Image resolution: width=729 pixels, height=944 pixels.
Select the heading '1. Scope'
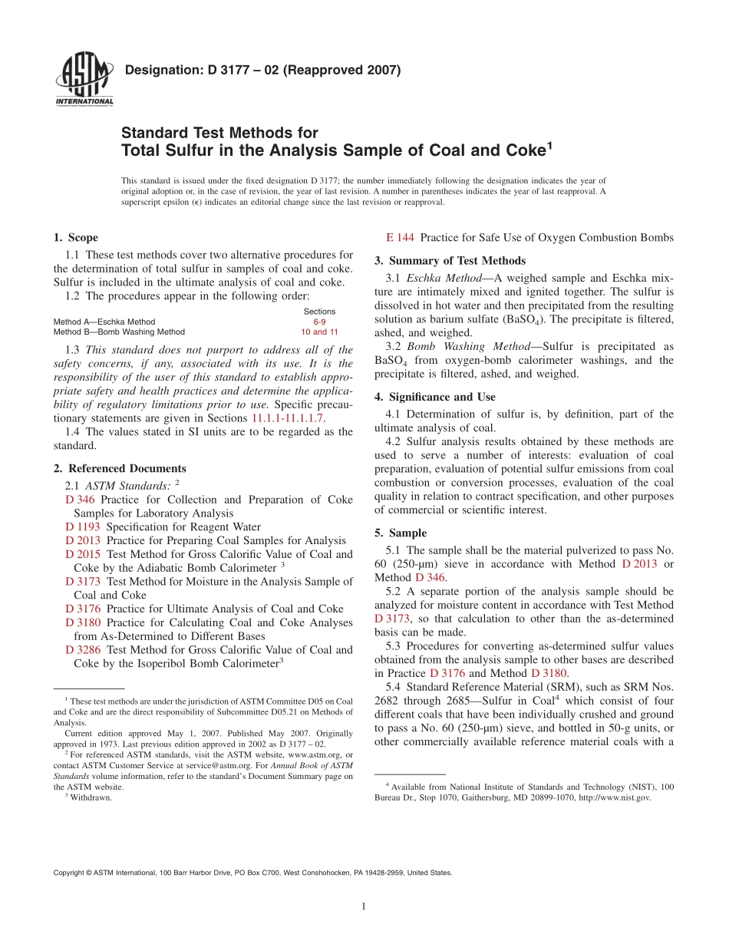(75, 237)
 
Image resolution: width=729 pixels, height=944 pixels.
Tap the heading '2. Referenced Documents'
(120, 468)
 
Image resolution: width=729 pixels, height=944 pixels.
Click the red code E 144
(400, 237)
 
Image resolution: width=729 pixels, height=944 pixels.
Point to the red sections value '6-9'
(319, 322)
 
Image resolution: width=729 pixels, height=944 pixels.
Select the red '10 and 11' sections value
(319, 332)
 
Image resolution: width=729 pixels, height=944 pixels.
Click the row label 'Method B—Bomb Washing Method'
(119, 332)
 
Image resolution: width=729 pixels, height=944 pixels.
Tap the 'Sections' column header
(319, 312)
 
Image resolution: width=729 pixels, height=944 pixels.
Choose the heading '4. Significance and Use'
(434, 397)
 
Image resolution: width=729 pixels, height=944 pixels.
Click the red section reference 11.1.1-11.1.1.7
(288, 418)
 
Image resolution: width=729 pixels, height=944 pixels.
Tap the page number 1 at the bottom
(364, 907)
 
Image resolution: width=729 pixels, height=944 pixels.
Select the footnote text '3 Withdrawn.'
(88, 797)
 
